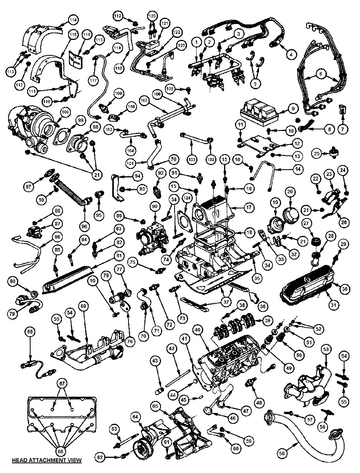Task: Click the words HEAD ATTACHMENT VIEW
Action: pyautogui.click(x=47, y=461)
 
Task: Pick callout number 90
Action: pyautogui.click(x=155, y=207)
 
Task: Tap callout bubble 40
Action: pyautogui.click(x=197, y=330)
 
